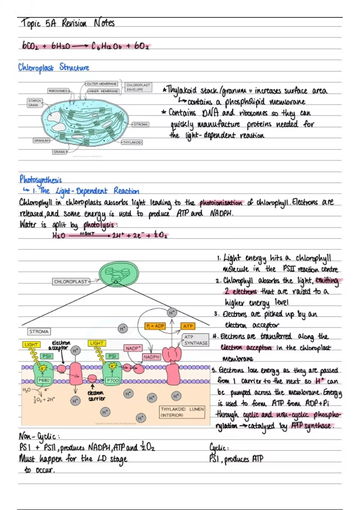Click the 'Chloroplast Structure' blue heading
pyautogui.click(x=54, y=67)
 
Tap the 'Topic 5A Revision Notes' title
pyautogui.click(x=68, y=23)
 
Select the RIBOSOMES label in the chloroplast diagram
pyautogui.click(x=58, y=91)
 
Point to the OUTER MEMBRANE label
pyautogui.click(x=102, y=84)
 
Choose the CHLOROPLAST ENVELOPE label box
pyautogui.click(x=138, y=87)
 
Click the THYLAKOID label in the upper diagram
pyautogui.click(x=132, y=142)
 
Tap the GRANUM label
pyautogui.click(x=41, y=140)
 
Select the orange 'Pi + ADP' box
pyautogui.click(x=155, y=326)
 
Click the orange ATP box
pyautogui.click(x=188, y=326)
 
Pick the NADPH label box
pyautogui.click(x=151, y=357)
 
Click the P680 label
pyautogui.click(x=44, y=380)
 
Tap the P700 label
pyautogui.click(x=112, y=380)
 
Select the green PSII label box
pyautogui.click(x=46, y=356)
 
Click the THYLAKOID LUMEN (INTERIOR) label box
pyautogui.click(x=182, y=412)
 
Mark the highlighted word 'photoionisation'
pyautogui.click(x=221, y=203)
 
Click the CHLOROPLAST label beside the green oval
pyautogui.click(x=71, y=282)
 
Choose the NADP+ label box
pyautogui.click(x=133, y=348)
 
